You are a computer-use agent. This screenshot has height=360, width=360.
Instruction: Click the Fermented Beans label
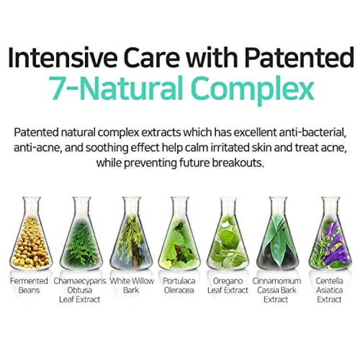29,286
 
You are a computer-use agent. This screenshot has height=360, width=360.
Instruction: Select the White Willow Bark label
132,286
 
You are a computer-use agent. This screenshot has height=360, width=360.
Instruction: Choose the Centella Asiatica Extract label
329,290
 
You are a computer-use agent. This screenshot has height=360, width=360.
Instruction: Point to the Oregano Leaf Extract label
228,286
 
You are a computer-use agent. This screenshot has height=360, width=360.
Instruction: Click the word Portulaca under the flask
179,281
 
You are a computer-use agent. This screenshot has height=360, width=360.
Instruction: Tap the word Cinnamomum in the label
276,281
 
